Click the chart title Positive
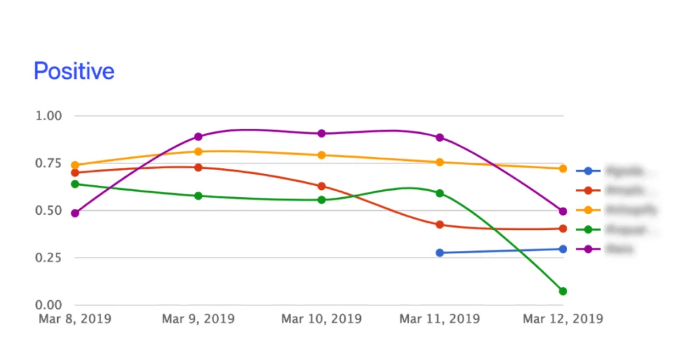click(74, 71)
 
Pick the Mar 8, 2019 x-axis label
click(74, 319)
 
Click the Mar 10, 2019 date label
click(321, 319)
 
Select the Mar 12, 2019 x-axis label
click(563, 319)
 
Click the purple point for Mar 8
click(75, 214)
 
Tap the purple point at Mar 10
click(322, 133)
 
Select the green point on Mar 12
click(563, 291)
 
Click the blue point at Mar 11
click(440, 252)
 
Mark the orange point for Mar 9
click(198, 152)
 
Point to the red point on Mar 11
click(440, 225)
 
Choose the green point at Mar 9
click(198, 196)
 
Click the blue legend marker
click(588, 171)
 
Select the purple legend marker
click(588, 249)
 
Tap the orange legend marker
click(588, 210)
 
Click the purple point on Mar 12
click(563, 211)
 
